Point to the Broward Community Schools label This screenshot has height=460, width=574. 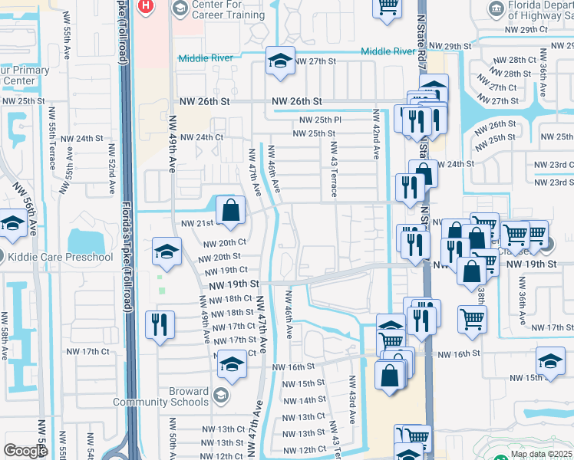tap(160, 396)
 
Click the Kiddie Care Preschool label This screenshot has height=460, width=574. tap(65, 256)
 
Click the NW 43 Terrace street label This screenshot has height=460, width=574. tap(334, 168)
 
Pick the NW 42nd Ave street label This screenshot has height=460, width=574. tap(376, 133)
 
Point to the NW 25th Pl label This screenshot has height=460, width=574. tap(320, 120)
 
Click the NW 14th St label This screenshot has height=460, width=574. tap(304, 400)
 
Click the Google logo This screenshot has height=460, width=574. tap(25, 451)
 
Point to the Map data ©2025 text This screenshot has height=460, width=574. tap(540, 454)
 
